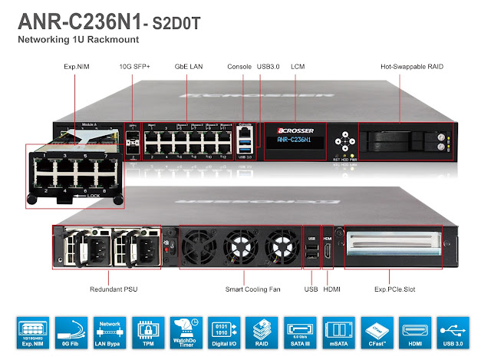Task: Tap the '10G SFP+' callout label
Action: [x=136, y=68]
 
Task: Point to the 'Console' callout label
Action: [x=240, y=68]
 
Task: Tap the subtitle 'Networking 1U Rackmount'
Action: [x=89, y=38]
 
